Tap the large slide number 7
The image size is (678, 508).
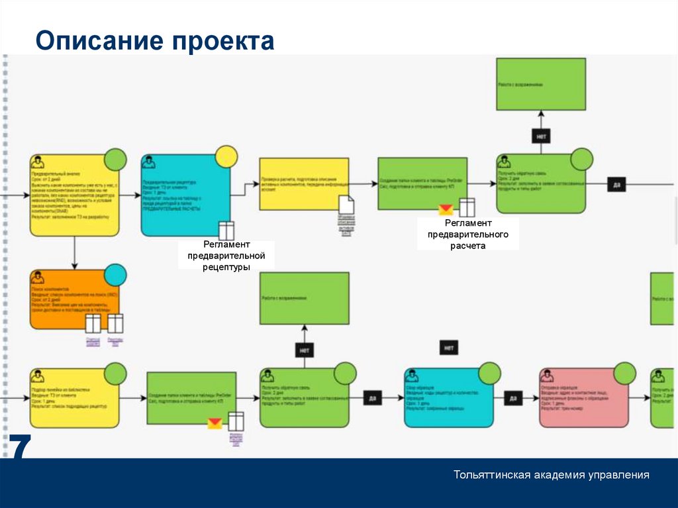point(19,449)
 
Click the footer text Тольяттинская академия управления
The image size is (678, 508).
point(551,475)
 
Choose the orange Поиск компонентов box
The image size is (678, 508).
point(74,299)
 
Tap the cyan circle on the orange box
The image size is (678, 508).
point(115,274)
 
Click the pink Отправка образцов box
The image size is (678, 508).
point(583,398)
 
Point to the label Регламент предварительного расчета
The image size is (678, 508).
point(467,234)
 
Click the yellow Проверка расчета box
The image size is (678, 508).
point(303,183)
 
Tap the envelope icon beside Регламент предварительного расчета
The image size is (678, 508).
point(446,209)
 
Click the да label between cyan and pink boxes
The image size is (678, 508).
point(513,398)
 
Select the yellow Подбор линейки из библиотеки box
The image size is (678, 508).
point(74,398)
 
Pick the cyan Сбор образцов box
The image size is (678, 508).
point(448,398)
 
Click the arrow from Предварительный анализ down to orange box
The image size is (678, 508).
point(74,252)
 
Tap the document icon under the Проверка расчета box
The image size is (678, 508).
point(346,205)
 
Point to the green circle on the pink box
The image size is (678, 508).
point(624,373)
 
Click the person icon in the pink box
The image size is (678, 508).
point(548,376)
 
